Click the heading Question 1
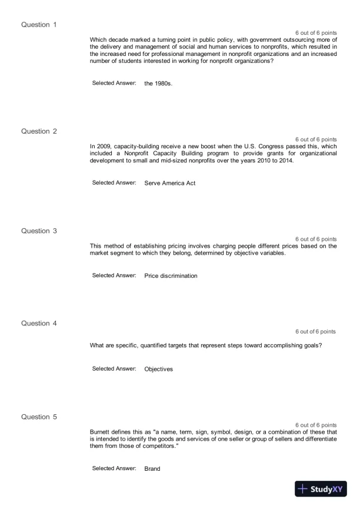39,25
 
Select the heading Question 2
39,131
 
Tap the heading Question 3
39,231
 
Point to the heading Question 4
39,323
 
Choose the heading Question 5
39,417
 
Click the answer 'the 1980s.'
158,84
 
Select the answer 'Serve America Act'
169,183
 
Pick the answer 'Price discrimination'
171,275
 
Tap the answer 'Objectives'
158,369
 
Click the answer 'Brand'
152,469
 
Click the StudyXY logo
321,489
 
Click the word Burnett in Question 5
101,431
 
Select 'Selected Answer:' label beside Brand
114,468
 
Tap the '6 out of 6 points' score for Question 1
316,32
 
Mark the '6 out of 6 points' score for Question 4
315,332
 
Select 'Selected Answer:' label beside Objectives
114,368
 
